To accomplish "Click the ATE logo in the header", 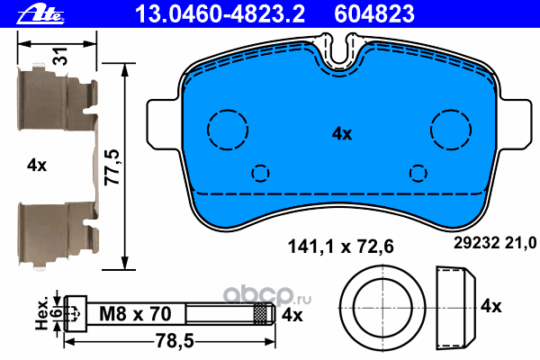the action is pyautogui.click(x=40, y=14).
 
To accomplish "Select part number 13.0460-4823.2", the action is pyautogui.click(x=220, y=13).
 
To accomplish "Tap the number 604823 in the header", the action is pyautogui.click(x=374, y=13).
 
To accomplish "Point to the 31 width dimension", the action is pyautogui.click(x=61, y=56).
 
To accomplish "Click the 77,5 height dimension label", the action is pyautogui.click(x=112, y=167).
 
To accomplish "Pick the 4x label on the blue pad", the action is pyautogui.click(x=342, y=134).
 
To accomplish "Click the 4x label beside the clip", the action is pyautogui.click(x=37, y=166).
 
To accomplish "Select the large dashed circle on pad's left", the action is pyautogui.click(x=228, y=130).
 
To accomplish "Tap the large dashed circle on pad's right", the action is pyautogui.click(x=451, y=130).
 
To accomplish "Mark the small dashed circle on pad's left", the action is pyautogui.click(x=260, y=173).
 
